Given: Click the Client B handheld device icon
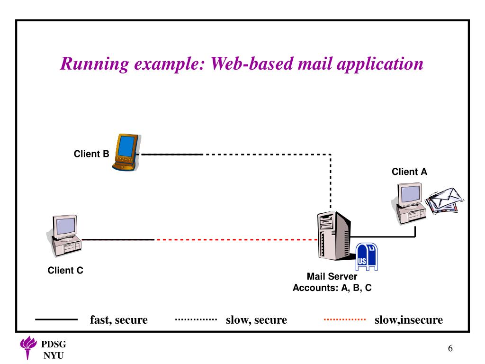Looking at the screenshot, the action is point(126,152).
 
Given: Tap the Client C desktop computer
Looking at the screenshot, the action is point(64,236).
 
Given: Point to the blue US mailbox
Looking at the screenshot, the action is point(367,256).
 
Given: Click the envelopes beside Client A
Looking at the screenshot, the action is point(444,200).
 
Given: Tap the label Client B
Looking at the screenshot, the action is point(91,154).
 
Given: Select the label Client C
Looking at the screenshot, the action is point(65,270).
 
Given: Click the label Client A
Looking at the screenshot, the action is point(409,172).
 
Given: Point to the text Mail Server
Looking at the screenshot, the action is point(332,276).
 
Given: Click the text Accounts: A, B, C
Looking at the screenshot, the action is point(332,288).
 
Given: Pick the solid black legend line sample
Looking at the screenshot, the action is point(56,319).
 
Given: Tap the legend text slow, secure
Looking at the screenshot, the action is point(256,320).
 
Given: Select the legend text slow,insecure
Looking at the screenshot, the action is point(409,320).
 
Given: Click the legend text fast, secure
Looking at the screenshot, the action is point(119,320).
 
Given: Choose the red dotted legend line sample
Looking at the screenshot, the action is point(345,319).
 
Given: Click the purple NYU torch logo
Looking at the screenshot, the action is point(28,347).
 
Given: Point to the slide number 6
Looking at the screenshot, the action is point(450,348).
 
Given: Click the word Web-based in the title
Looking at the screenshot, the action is point(252,64).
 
